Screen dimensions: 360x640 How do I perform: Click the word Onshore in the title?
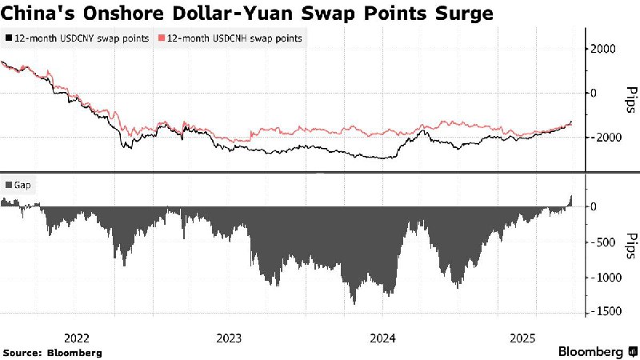[120, 14]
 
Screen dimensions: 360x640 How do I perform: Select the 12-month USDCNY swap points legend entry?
[82, 38]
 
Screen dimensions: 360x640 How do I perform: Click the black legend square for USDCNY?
[9, 38]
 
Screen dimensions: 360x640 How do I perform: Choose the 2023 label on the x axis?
[230, 337]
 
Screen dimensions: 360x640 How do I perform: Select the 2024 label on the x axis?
[381, 337]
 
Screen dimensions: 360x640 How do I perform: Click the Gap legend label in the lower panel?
[24, 185]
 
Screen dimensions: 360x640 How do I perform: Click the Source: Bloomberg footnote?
[52, 352]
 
